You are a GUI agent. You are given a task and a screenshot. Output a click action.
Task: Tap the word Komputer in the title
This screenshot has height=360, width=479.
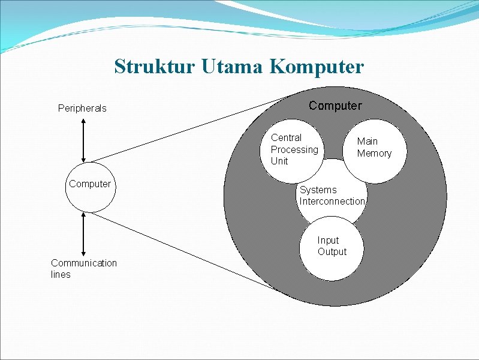[x=317, y=67]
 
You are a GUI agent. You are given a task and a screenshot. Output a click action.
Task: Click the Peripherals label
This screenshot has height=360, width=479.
[x=82, y=109]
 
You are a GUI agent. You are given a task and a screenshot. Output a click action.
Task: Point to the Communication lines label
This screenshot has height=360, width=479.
[x=84, y=269]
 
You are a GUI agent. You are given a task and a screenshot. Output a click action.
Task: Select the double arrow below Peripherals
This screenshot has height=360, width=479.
[x=83, y=140]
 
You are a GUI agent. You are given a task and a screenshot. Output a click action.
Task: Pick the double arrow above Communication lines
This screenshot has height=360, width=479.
[x=83, y=234]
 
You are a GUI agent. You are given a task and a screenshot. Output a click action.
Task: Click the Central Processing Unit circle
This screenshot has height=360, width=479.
[x=294, y=149]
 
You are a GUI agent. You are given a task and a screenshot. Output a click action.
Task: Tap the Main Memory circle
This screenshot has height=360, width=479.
[x=373, y=151]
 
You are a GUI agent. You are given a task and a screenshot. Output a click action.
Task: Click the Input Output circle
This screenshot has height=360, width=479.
[x=332, y=249]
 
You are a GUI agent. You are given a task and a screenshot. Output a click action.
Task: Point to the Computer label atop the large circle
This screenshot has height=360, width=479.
[x=335, y=106]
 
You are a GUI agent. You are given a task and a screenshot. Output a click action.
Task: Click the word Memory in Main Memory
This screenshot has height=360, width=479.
[x=374, y=154]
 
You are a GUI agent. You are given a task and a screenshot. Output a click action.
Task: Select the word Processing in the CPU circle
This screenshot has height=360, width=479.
[x=294, y=149]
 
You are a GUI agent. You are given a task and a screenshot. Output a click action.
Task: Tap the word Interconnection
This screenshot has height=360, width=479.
[x=332, y=202]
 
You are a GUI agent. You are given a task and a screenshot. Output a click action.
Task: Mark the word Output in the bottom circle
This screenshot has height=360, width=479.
[x=332, y=252]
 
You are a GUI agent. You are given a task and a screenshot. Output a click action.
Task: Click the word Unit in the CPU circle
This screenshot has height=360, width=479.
[x=279, y=161]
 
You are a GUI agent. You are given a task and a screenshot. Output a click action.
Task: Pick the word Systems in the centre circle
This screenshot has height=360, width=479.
[x=318, y=190]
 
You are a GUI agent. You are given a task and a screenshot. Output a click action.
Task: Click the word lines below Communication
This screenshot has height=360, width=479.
[x=61, y=275]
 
